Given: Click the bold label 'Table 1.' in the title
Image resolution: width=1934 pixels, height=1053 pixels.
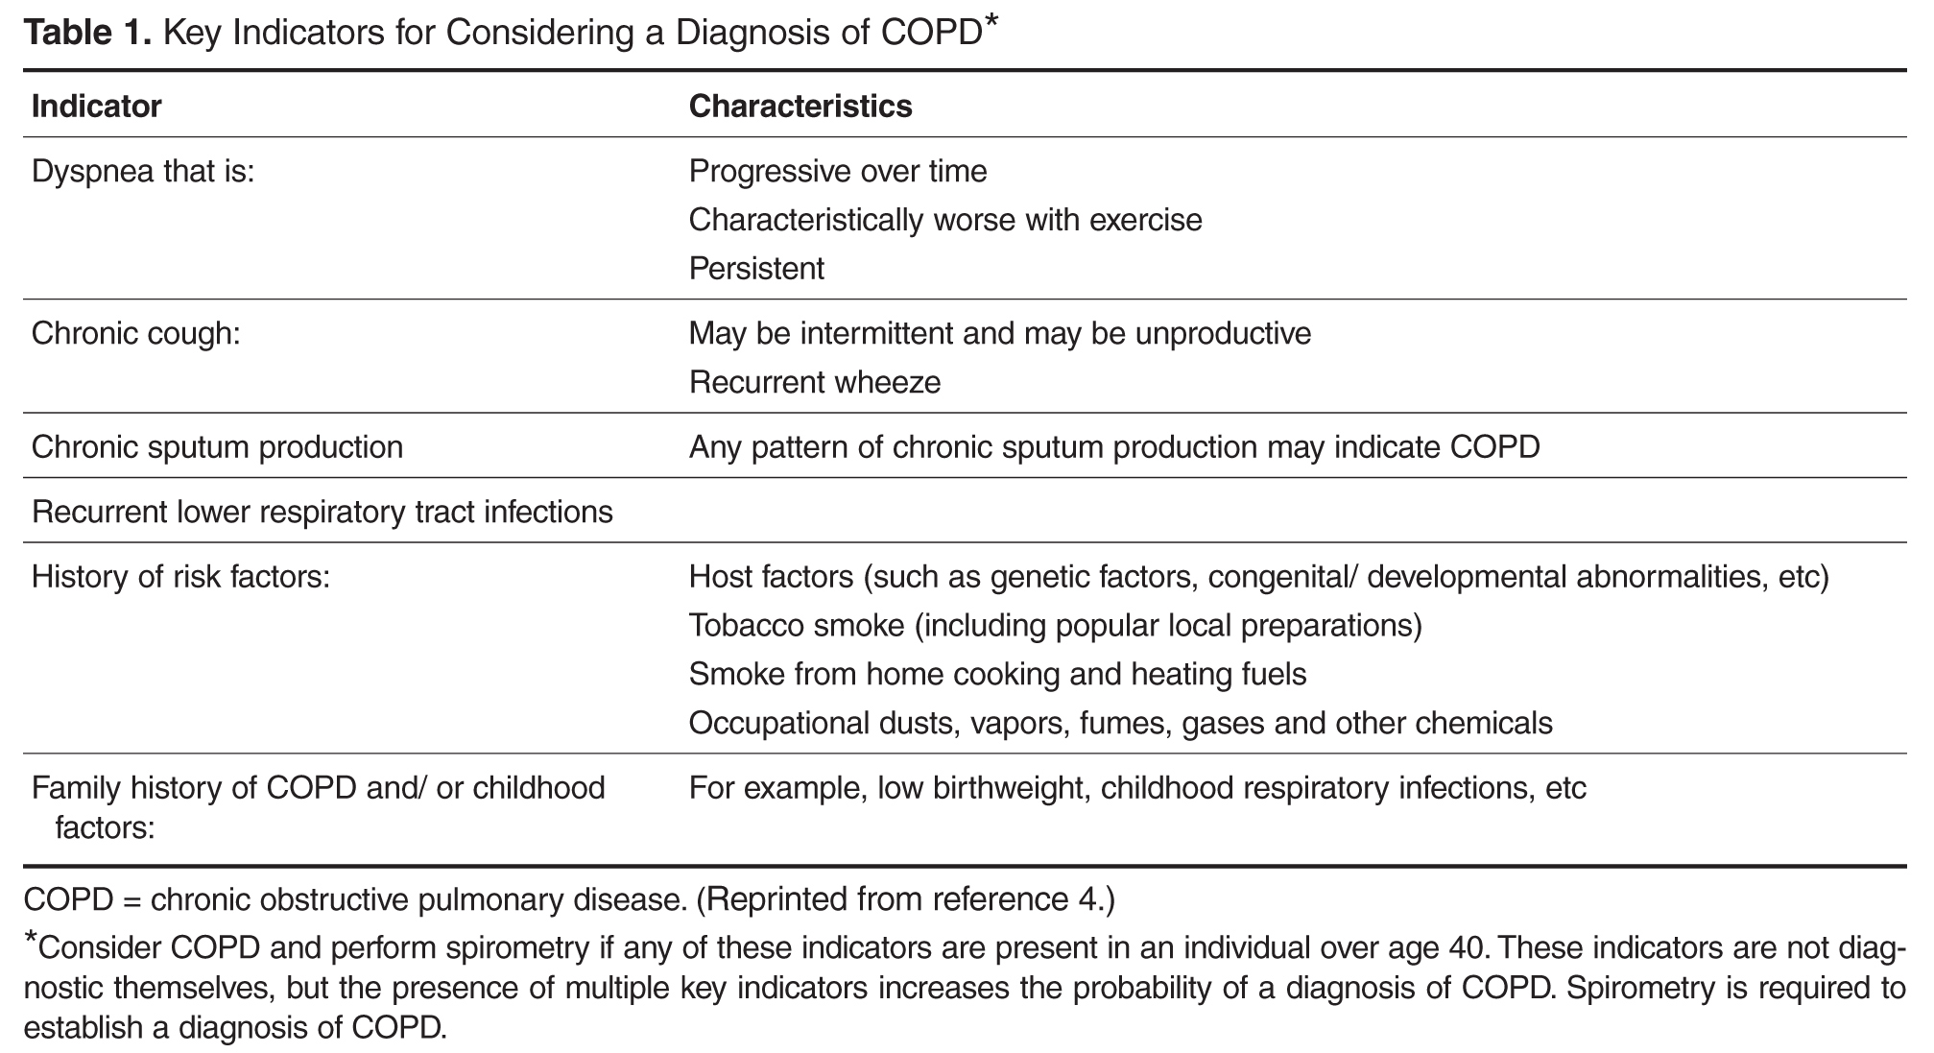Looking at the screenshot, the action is point(87,33).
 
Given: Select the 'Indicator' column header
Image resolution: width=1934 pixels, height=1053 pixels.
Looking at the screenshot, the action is point(96,106).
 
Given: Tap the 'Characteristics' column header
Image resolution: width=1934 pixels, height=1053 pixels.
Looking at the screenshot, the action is point(800,106).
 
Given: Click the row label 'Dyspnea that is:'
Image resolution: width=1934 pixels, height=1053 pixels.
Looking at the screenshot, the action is point(143,173).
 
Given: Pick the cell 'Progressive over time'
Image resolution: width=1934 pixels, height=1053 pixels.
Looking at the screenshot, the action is point(838,172).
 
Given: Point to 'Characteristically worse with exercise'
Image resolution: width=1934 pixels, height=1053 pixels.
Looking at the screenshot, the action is point(945,221).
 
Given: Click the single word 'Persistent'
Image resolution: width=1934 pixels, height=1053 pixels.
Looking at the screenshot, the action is point(756,269).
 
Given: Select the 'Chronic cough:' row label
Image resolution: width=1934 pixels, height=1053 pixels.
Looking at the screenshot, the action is point(135,334).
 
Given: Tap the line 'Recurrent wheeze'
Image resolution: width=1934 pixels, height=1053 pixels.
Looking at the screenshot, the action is point(815,382).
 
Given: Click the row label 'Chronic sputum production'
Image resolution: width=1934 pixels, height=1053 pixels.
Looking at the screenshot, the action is point(217,447).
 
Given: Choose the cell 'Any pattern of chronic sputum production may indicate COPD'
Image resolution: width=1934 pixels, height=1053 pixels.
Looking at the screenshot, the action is point(1114,447).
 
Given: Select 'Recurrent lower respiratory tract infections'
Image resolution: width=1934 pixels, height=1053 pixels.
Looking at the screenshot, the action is point(322,512).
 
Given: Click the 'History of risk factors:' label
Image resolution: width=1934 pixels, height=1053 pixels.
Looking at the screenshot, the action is point(180,577).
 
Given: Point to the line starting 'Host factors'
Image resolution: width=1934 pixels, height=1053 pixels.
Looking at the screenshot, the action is point(1259,578).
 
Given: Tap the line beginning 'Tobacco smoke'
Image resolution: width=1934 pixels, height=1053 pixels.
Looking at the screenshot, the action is point(1056,626).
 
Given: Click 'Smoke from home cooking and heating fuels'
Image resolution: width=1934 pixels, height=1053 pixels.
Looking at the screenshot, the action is point(998,675).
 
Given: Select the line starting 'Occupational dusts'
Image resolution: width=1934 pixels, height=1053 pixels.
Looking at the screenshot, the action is point(1121,723).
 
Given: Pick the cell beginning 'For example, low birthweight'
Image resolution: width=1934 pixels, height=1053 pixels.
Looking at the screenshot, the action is point(1137,788).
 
